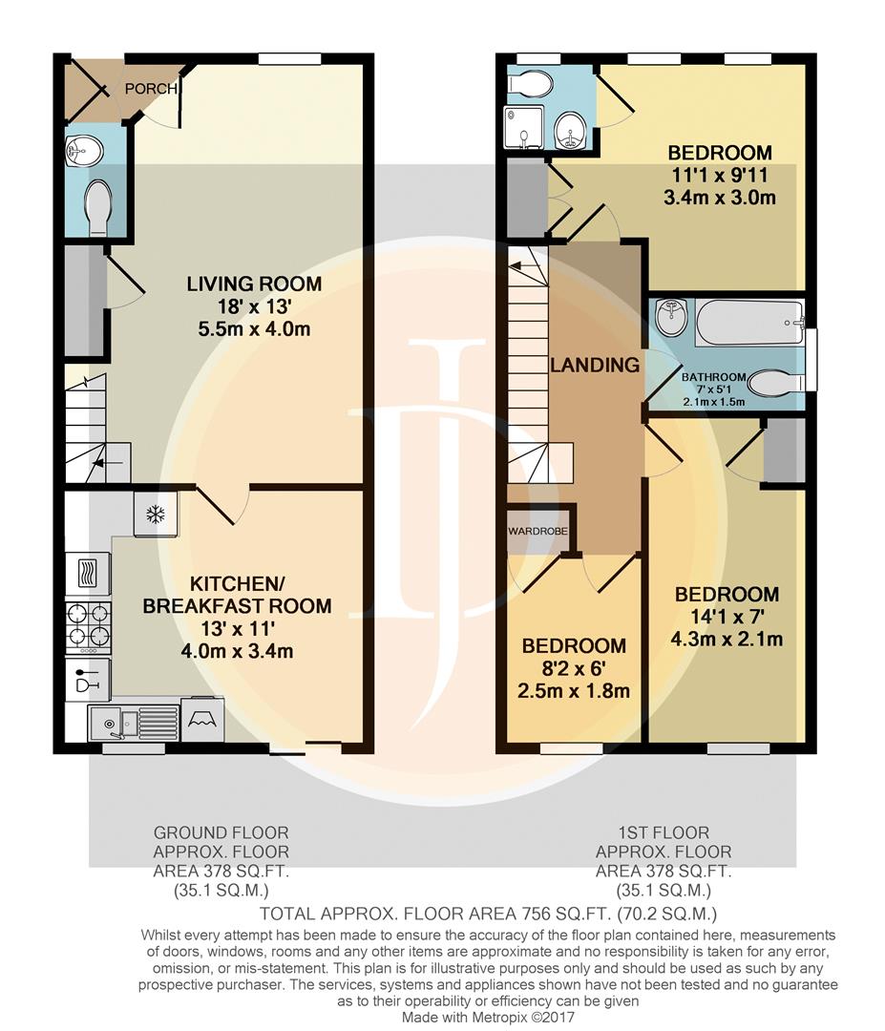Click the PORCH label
coord(151,88)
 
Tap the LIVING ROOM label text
coord(255,284)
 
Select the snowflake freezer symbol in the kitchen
coord(156,515)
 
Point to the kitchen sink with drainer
coord(134,723)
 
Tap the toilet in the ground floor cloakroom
coord(97,206)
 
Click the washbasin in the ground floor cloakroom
coord(84,151)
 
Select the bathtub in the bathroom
coord(749,323)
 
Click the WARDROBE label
coord(537,531)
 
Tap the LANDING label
coord(595,365)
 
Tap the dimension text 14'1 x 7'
coord(727,617)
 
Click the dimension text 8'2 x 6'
coord(574,668)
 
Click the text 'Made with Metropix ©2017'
coord(488,1018)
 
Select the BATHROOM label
coord(713,377)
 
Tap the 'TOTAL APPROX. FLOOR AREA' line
coord(488,914)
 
